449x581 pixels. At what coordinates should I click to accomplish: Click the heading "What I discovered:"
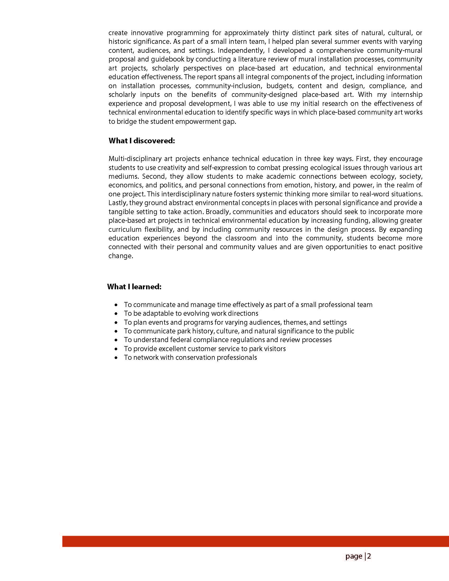[142, 141]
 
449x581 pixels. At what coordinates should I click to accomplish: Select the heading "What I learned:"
[134, 287]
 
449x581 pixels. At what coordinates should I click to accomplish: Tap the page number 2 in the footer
[369, 556]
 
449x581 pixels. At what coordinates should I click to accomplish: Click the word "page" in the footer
[354, 556]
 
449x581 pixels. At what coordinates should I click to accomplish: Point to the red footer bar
[255, 541]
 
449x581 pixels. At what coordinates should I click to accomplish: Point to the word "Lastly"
[118, 203]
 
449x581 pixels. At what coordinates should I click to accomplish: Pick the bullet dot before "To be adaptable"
[116, 314]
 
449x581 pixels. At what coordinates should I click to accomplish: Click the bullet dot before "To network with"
[116, 358]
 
